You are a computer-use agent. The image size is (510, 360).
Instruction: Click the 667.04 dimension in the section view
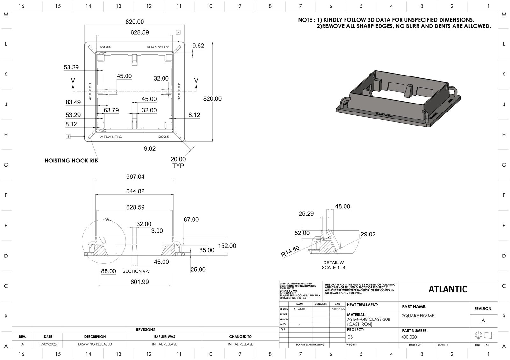(x=135, y=176)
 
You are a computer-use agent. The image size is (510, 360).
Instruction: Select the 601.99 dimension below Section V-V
(x=140, y=282)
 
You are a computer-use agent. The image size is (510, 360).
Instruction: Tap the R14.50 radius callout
(x=290, y=251)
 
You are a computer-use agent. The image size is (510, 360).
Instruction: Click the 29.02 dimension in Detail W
(x=368, y=234)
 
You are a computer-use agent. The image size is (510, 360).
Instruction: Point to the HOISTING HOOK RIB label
(x=71, y=161)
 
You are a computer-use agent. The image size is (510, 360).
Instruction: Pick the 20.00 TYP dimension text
(x=178, y=162)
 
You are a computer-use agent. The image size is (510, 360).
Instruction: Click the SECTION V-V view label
(x=136, y=271)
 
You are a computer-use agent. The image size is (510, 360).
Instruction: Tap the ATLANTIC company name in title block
(x=448, y=289)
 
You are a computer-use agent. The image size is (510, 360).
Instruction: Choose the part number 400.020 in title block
(x=409, y=337)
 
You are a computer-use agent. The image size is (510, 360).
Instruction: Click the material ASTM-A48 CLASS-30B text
(x=368, y=319)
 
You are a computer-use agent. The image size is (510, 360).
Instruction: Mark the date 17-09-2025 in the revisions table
(x=48, y=344)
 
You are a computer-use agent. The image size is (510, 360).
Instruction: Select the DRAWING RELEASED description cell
(x=95, y=344)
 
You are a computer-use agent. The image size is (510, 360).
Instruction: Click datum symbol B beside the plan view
(x=68, y=137)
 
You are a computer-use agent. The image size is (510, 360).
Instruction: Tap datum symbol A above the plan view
(x=178, y=32)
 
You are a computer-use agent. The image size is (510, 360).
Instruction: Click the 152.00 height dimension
(x=227, y=246)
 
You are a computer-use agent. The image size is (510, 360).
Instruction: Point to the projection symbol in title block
(x=483, y=335)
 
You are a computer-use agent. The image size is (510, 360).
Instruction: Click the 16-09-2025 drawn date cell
(x=337, y=309)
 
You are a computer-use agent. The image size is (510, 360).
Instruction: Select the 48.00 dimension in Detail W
(x=342, y=206)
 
